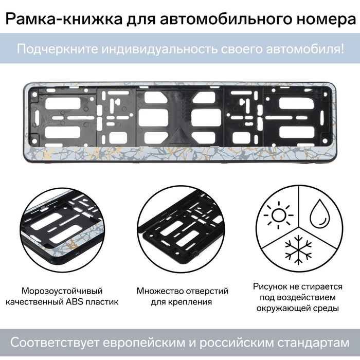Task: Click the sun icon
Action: pos(278,215)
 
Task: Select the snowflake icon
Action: pos(298,249)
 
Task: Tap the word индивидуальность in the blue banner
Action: pos(159,49)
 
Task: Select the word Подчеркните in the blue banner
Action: pos(58,49)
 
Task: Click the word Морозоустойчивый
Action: pos(62,291)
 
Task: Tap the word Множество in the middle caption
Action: pos(160,291)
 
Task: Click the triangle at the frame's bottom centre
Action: pos(180,136)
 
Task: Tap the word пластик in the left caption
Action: pos(102,302)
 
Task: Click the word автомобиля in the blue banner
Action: pos(305,49)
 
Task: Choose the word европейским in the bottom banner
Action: pos(144,343)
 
